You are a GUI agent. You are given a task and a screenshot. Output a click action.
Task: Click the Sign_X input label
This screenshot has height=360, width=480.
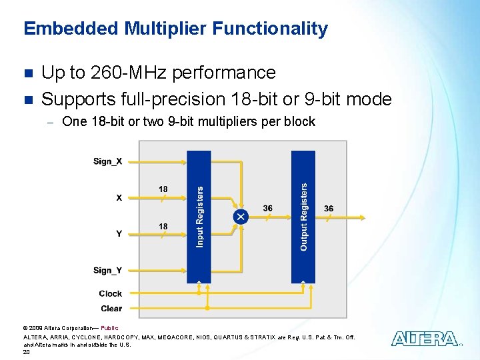[107, 161]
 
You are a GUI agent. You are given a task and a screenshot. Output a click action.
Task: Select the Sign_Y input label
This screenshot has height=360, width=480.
[107, 270]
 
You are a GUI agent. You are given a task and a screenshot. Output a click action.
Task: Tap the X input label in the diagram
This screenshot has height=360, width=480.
[119, 197]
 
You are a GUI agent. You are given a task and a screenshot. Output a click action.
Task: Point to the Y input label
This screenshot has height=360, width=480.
[119, 233]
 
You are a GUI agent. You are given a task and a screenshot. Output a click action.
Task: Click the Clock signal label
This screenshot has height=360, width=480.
[110, 293]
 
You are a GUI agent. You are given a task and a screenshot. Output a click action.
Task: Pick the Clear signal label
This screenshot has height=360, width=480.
[111, 308]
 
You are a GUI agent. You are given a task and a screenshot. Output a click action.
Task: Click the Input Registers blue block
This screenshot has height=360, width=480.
[199, 217]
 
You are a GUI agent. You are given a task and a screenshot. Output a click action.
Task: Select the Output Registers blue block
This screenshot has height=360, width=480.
[303, 217]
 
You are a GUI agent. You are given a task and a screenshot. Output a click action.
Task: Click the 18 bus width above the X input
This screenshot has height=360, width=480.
[163, 189]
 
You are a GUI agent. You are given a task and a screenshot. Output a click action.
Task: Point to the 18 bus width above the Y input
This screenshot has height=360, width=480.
[163, 227]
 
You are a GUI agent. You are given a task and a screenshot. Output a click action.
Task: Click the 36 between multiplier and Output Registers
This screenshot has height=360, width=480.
[267, 208]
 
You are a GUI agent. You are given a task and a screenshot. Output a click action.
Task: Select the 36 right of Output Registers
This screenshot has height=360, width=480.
[329, 208]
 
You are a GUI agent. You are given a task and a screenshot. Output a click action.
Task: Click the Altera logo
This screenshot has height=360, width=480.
[425, 339]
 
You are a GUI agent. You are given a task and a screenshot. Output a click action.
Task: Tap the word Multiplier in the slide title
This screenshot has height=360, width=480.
[167, 29]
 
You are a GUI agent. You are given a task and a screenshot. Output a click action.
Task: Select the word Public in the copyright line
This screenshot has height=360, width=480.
[109, 328]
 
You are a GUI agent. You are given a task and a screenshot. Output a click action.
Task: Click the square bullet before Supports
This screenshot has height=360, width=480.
[27, 100]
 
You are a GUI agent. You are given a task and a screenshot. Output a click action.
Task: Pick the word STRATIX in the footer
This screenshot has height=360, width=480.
[251, 337]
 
